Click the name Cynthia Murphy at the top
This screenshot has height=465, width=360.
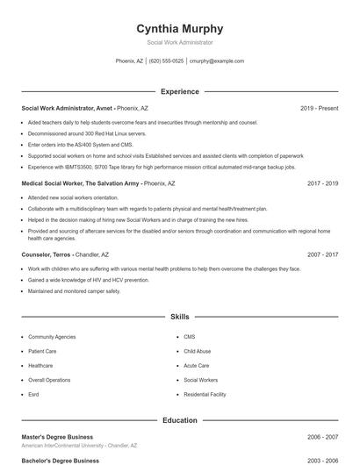(x=180, y=28)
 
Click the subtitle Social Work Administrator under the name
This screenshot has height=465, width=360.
(x=180, y=42)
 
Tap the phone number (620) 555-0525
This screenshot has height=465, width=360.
(x=166, y=61)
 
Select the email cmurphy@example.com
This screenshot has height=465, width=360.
(x=217, y=61)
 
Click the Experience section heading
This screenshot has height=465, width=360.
(x=180, y=91)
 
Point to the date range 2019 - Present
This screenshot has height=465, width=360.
(x=319, y=108)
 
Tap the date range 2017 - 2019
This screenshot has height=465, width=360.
(x=322, y=184)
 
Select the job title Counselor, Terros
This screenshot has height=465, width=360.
(x=47, y=254)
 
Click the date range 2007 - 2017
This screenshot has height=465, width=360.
(x=322, y=254)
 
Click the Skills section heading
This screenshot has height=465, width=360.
(x=180, y=316)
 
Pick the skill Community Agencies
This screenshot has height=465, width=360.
(x=52, y=337)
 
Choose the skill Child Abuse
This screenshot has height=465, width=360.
(x=198, y=351)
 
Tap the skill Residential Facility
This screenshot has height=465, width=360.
(x=205, y=394)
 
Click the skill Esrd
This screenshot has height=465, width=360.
(x=34, y=394)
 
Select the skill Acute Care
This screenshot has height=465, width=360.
(x=197, y=365)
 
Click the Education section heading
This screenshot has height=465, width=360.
(x=180, y=420)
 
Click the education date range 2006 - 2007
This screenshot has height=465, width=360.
(x=322, y=436)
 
